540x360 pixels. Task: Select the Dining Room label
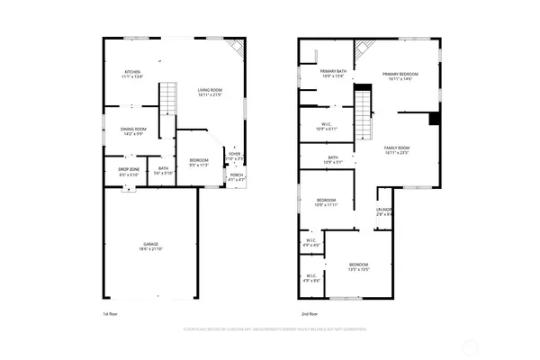coord(135,132)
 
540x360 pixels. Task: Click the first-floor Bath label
coord(163,170)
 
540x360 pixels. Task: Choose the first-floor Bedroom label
coord(199,163)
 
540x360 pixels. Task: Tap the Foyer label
coord(234,156)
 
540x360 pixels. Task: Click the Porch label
coord(236,177)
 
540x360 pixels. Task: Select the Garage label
coord(151,245)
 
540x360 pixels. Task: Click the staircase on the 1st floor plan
coord(169,96)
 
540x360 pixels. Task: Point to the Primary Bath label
coord(334,74)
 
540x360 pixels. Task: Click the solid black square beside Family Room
coord(435,119)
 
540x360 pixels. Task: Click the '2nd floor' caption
coord(310,313)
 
